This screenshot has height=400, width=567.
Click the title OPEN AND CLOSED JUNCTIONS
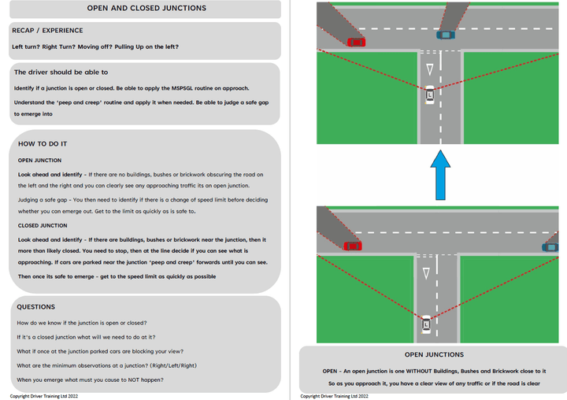(146, 9)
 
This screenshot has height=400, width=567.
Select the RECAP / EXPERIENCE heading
(47, 31)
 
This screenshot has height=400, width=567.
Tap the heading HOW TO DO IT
(43, 144)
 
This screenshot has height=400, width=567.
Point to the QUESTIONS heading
(36, 307)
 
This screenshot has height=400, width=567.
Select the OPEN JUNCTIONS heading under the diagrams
(434, 355)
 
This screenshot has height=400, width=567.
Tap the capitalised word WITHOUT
(419, 370)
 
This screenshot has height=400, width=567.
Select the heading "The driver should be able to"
(61, 72)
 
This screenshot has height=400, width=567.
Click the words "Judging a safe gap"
(46, 200)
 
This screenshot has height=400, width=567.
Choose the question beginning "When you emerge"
(91, 380)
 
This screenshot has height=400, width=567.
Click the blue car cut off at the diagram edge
(550, 247)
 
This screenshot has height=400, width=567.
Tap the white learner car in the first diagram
(429, 95)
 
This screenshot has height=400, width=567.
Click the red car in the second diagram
(354, 246)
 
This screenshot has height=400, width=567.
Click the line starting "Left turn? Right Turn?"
(94, 46)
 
